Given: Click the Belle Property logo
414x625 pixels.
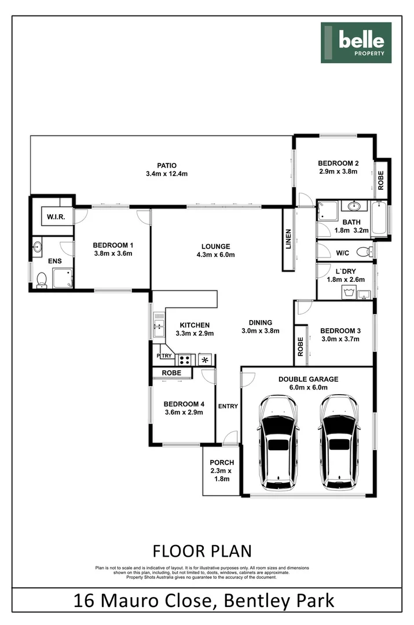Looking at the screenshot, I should [x=356, y=42].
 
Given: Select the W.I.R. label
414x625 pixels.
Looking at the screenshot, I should [x=56, y=216].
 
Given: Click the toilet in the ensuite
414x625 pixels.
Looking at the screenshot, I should [x=42, y=280].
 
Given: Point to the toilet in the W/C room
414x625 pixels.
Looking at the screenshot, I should [x=364, y=252].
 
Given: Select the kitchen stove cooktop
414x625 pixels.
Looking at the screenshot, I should [x=185, y=359].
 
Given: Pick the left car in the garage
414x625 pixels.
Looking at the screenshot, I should [x=279, y=442].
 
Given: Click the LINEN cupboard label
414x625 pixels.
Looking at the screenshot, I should [x=288, y=240].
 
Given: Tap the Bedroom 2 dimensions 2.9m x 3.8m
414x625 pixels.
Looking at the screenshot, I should [x=338, y=171].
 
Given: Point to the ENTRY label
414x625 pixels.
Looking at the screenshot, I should [x=228, y=406].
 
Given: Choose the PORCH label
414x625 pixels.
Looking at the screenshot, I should [x=222, y=462].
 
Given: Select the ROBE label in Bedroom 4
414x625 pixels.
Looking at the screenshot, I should [x=171, y=373].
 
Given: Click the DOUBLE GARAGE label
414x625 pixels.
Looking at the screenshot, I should [x=308, y=380].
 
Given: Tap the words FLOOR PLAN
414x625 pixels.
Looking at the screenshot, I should [x=201, y=550].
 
